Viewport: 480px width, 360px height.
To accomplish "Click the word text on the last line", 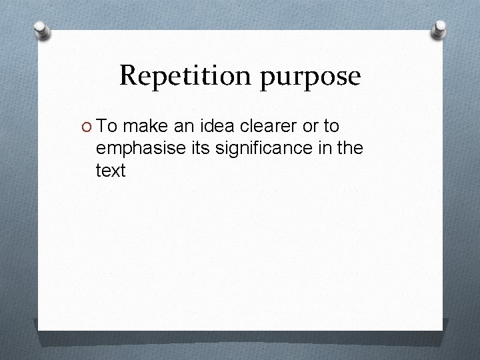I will pyautogui.click(x=111, y=171).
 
